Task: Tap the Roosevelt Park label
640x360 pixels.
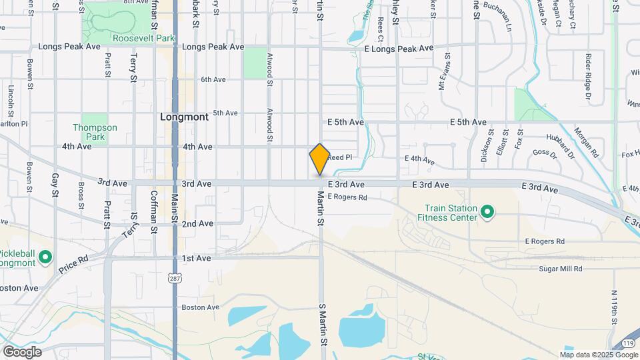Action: pyautogui.click(x=143, y=39)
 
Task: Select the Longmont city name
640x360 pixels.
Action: pyautogui.click(x=184, y=116)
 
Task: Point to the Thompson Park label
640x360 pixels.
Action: pyautogui.click(x=95, y=132)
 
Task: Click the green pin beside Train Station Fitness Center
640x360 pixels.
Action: pyautogui.click(x=487, y=213)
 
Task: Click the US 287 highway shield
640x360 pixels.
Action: pyautogui.click(x=175, y=276)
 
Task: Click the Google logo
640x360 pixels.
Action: pyautogui.click(x=22, y=351)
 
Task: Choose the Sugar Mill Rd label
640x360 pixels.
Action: pyautogui.click(x=560, y=268)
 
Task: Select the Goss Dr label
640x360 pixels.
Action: pyautogui.click(x=545, y=153)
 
